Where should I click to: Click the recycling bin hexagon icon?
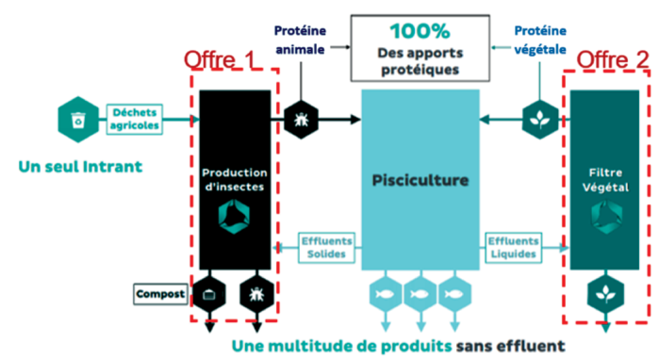tap(78, 120)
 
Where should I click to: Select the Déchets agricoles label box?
tap(135, 119)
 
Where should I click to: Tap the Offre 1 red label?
tap(220, 59)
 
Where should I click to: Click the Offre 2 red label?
tap(613, 59)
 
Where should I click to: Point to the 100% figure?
tap(420, 31)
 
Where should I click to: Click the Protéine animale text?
tap(300, 40)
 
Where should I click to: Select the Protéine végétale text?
tap(540, 40)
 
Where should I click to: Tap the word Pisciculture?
tap(420, 180)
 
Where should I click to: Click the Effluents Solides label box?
tap(326, 248)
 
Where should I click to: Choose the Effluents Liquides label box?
tap(513, 248)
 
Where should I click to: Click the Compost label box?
tap(160, 294)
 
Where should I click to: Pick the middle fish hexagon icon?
tap(420, 294)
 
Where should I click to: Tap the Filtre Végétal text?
tap(605, 180)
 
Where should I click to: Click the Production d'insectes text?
tap(235, 179)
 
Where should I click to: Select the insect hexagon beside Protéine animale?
tap(301, 120)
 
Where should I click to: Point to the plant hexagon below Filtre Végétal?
tap(605, 294)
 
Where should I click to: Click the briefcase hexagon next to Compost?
tap(209, 294)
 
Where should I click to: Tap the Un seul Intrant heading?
tap(80, 167)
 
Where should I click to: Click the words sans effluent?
tap(511, 346)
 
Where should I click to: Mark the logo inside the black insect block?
tap(234, 217)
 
